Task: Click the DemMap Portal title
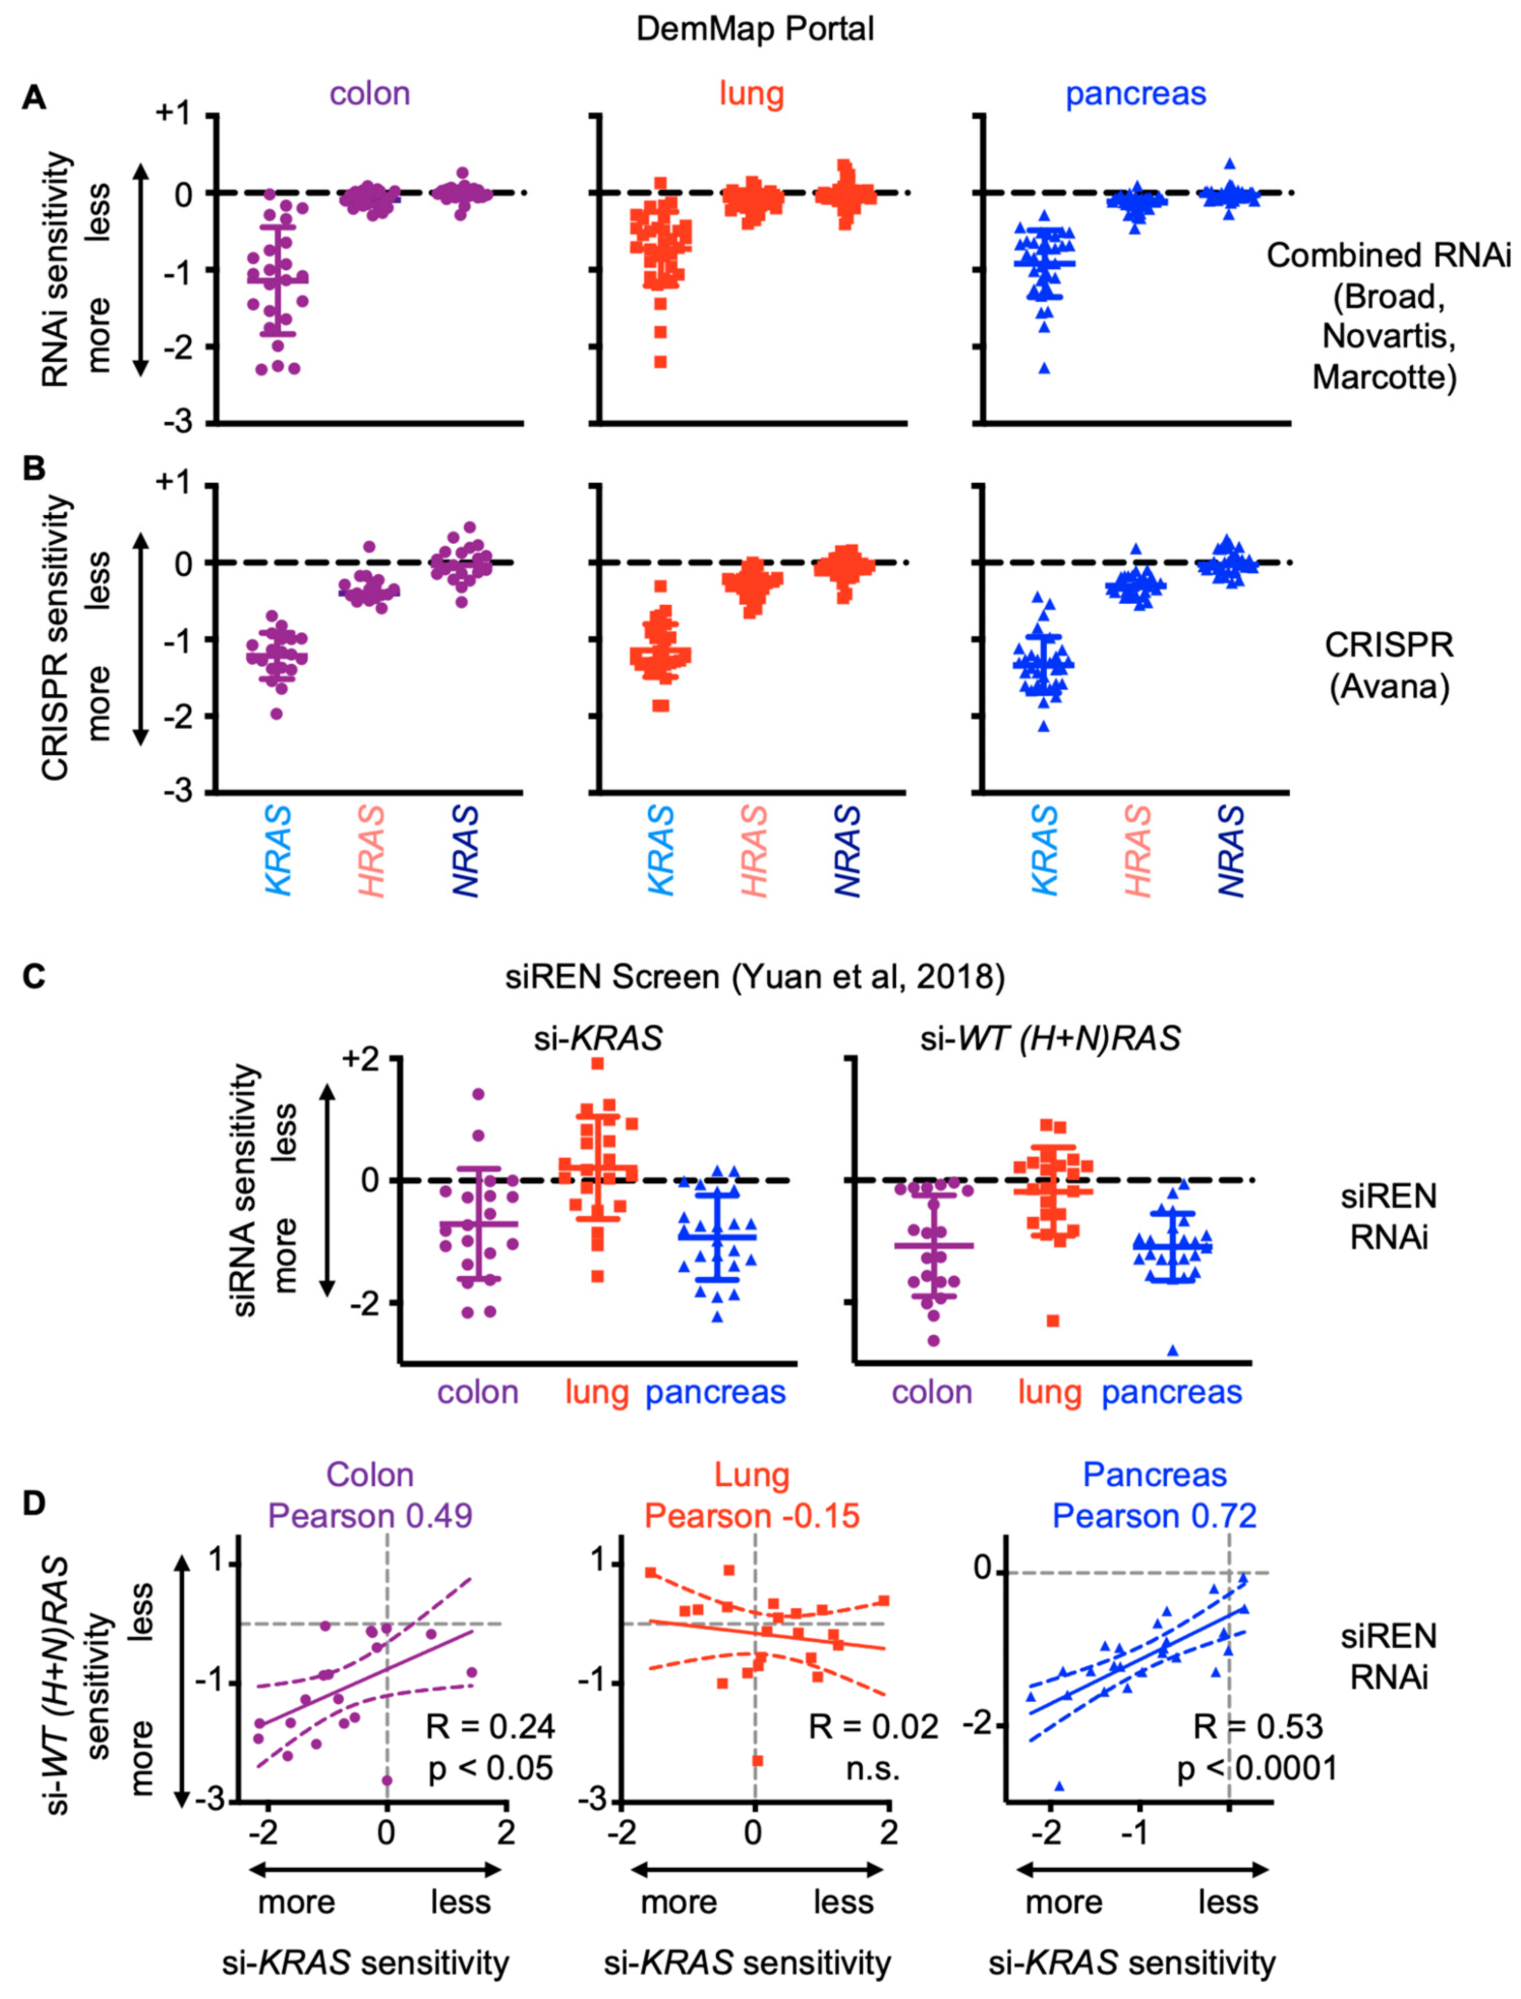755,29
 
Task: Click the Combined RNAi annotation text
1387,256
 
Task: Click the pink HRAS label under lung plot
754,851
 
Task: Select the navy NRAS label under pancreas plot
1232,851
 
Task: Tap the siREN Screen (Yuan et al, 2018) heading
755,977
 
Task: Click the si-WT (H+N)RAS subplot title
1050,1039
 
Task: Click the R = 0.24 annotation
490,1726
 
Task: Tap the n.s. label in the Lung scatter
873,1768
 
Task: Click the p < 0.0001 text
1256,1768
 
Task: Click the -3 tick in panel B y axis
179,792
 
